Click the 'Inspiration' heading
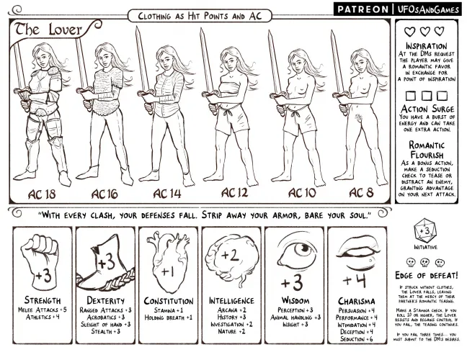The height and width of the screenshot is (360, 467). click(x=430, y=46)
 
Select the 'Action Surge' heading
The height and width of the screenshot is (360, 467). click(x=430, y=109)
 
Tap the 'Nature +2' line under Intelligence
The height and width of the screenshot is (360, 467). click(x=232, y=333)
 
